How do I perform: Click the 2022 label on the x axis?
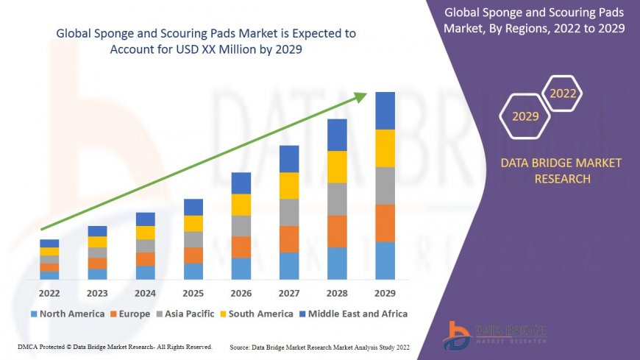(x=49, y=292)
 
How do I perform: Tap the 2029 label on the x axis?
(x=385, y=292)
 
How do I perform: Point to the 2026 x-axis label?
(x=241, y=292)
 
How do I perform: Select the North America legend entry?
(x=67, y=314)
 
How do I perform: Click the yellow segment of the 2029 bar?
(x=385, y=148)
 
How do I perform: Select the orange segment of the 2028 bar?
(x=337, y=231)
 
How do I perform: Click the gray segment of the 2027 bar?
(x=289, y=212)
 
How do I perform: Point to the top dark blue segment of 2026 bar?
(x=241, y=183)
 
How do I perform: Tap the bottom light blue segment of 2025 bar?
(x=193, y=272)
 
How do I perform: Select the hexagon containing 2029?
(x=525, y=116)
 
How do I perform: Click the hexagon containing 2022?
(x=563, y=93)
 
